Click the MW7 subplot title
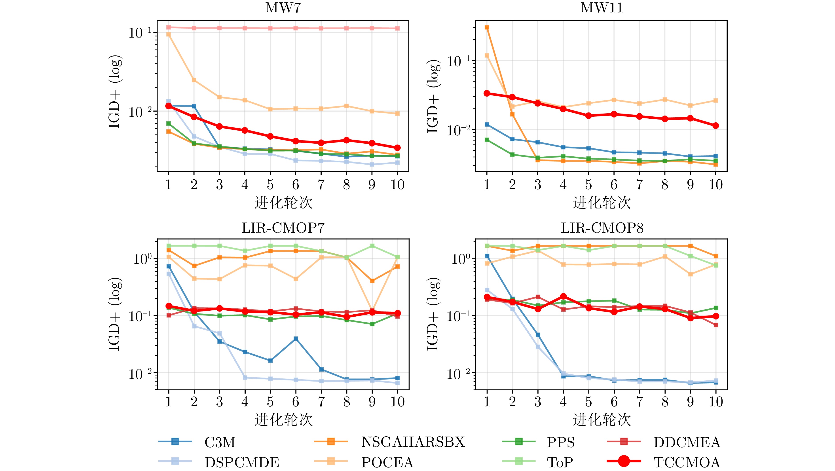(x=283, y=8)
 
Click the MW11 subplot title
(x=601, y=8)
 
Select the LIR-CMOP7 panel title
(x=283, y=228)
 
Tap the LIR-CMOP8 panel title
(x=602, y=228)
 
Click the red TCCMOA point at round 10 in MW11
(x=716, y=125)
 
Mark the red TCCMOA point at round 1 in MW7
(x=169, y=106)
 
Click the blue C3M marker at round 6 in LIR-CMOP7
(x=296, y=339)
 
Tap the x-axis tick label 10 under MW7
(x=397, y=185)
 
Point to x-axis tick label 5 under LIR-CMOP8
(x=589, y=402)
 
